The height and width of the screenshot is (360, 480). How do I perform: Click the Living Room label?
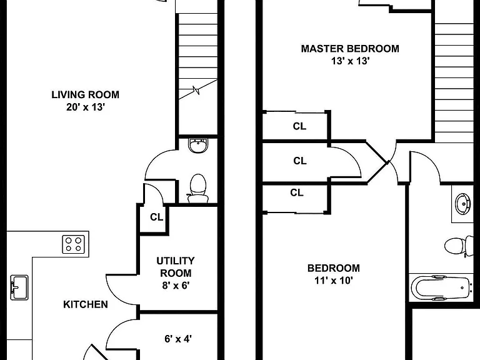click(85, 94)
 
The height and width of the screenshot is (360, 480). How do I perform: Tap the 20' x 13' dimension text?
click(86, 107)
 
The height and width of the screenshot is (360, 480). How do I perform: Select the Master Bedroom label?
click(350, 49)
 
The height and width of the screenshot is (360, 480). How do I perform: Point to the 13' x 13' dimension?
click(350, 61)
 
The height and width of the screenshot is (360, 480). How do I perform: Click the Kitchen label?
click(86, 304)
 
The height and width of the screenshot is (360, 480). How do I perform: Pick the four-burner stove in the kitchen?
click(74, 244)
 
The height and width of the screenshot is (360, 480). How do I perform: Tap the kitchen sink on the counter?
click(19, 287)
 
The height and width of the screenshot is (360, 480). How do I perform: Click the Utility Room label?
click(176, 267)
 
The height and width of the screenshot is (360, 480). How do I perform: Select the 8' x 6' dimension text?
click(176, 285)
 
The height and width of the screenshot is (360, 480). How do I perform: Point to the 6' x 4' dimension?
click(178, 339)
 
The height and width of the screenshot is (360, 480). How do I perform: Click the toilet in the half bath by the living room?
click(197, 188)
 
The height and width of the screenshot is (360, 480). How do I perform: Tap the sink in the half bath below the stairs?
click(198, 145)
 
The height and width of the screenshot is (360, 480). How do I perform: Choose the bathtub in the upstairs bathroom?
click(441, 288)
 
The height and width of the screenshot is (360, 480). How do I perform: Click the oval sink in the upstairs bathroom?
click(462, 204)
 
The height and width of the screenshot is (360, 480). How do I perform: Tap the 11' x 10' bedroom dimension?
click(334, 281)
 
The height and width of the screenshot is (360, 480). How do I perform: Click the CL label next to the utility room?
click(156, 217)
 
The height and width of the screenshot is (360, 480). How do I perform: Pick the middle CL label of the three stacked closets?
click(300, 161)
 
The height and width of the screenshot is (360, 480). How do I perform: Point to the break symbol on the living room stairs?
click(196, 90)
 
